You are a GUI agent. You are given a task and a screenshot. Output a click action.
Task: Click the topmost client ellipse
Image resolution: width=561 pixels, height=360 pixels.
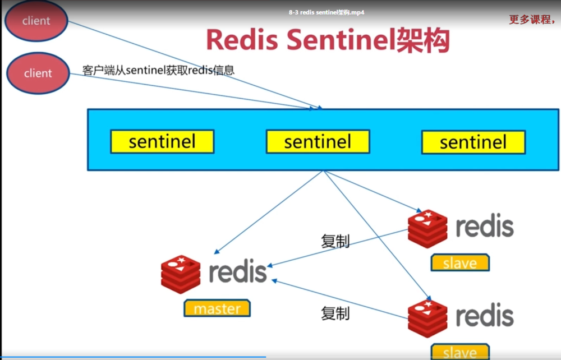pos(36,21)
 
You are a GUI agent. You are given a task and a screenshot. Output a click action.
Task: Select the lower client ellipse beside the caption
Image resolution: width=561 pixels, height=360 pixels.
pos(38,73)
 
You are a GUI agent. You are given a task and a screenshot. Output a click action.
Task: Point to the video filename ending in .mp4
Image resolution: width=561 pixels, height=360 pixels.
pos(327,12)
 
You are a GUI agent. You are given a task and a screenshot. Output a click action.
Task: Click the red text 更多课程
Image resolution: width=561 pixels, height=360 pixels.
pos(531,20)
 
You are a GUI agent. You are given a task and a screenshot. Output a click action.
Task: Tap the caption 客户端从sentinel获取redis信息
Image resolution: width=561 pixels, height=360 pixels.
pos(158,70)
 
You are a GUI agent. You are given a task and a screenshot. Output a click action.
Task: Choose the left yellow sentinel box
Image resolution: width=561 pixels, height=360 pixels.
pos(162,141)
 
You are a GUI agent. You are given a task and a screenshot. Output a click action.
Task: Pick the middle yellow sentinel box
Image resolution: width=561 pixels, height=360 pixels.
pos(318,141)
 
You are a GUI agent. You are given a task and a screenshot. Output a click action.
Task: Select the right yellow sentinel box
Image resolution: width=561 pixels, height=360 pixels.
pos(473,142)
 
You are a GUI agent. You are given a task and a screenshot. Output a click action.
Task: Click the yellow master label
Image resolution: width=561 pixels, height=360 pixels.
pos(217,308)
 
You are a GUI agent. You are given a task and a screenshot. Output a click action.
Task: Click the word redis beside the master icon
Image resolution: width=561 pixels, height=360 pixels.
pos(237,272)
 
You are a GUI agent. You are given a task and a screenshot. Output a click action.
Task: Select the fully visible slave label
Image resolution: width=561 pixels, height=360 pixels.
pos(459,263)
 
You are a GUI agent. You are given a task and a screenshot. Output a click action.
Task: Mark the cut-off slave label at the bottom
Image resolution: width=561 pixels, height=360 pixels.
pos(459,353)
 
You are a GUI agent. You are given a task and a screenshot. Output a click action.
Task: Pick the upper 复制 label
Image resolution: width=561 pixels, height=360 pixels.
pos(335,241)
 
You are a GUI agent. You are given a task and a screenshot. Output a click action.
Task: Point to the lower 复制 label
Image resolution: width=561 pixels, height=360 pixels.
pos(335,313)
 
